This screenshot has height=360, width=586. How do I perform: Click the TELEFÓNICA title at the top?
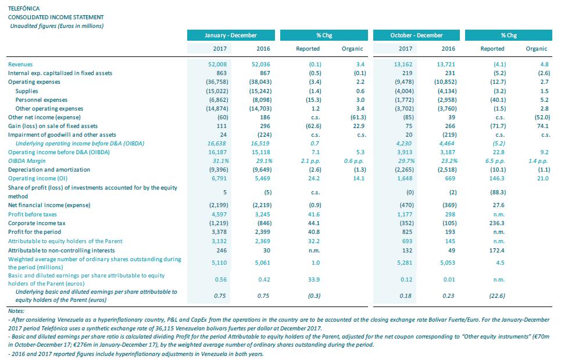tap(23, 8)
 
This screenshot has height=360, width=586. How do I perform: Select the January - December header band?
tap(231, 35)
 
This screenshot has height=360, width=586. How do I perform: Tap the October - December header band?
tap(416, 35)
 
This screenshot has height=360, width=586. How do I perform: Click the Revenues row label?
tap(20, 65)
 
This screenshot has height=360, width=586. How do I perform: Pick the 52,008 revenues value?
tap(217, 65)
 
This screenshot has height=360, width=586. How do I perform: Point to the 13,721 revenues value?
tap(446, 65)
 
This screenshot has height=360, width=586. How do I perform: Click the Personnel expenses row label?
tap(41, 100)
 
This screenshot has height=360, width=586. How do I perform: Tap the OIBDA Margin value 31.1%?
tap(220, 161)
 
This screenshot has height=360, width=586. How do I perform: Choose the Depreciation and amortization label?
tap(49, 170)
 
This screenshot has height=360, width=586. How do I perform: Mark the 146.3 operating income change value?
tap(496, 179)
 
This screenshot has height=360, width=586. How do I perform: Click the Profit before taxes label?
tap(33, 214)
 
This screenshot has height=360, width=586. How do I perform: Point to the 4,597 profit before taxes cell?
tap(219, 214)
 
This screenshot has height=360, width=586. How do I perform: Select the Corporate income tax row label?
tap(37, 223)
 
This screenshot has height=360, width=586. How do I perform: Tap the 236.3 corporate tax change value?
tap(496, 223)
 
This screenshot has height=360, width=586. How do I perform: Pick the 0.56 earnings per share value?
tap(220, 280)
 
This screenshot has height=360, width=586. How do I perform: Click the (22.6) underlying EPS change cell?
tap(497, 295)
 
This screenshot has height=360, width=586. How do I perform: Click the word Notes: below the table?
tap(16, 311)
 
